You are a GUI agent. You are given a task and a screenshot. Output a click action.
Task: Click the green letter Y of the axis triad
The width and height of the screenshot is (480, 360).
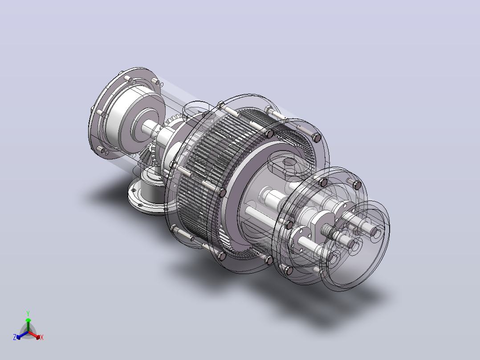point(28,313)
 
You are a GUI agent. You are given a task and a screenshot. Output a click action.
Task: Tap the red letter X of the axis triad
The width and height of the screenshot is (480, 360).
point(42,337)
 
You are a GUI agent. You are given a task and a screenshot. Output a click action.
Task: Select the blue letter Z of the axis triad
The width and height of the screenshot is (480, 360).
point(15,337)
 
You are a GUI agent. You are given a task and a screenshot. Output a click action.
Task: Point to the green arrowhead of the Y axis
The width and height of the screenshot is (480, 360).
point(28,320)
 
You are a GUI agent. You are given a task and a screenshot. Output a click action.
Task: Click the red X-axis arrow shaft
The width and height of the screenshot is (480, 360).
point(33,334)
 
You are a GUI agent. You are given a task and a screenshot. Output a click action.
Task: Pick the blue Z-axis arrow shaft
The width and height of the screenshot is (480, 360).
point(24,334)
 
